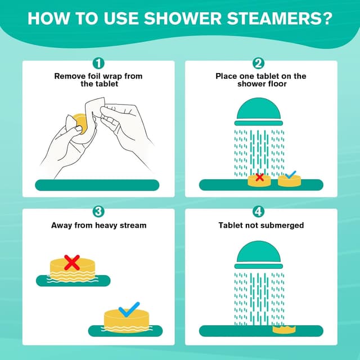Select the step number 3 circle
(x=98, y=212)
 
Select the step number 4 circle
(x=259, y=212)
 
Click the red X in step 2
(x=259, y=178)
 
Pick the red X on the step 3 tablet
(x=71, y=262)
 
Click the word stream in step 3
(x=133, y=226)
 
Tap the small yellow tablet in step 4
(x=284, y=328)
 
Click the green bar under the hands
(x=97, y=185)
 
